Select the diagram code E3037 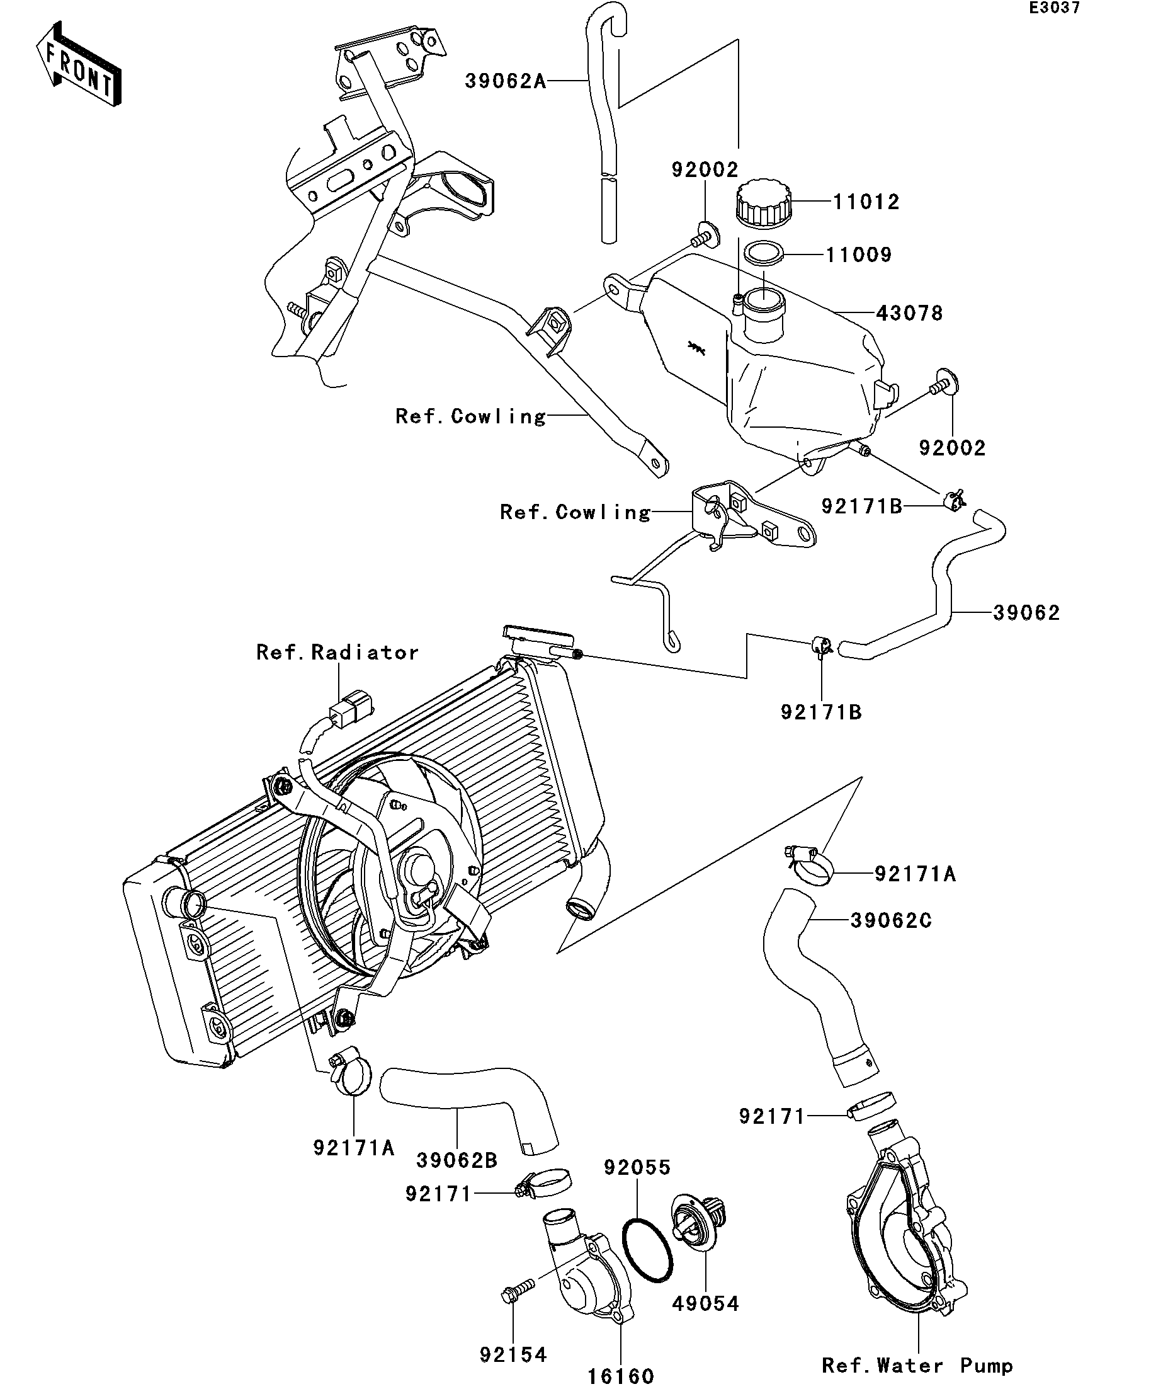[x=1055, y=8]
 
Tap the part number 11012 [x=865, y=202]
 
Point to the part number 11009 [x=859, y=254]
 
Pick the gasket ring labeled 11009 [x=764, y=253]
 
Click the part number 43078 [x=909, y=313]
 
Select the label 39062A [x=506, y=81]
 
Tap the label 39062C [x=890, y=921]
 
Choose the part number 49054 [x=705, y=1304]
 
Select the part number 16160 [x=621, y=1376]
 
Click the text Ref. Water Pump [x=917, y=1365]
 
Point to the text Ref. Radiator [x=337, y=653]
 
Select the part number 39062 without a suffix [x=1026, y=613]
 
